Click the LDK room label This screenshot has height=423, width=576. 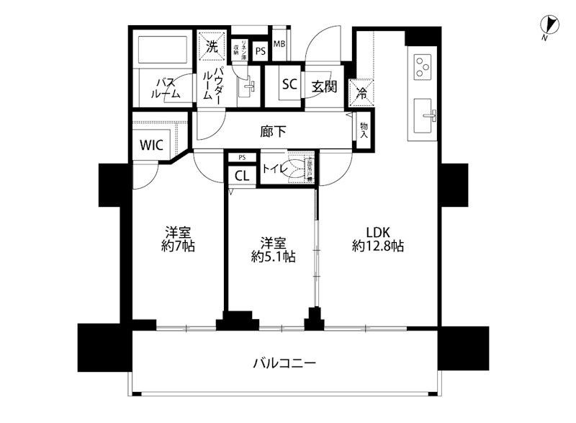(x=378, y=232)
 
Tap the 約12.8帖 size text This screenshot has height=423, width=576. (x=378, y=246)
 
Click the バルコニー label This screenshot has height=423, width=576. (x=284, y=362)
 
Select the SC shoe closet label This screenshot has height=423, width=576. (x=289, y=84)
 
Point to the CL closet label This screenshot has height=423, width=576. (x=242, y=175)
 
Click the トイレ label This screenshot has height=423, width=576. (x=274, y=170)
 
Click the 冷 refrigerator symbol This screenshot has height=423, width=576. (x=362, y=92)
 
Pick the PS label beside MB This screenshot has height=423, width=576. (x=259, y=50)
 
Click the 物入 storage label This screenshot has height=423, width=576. (x=364, y=130)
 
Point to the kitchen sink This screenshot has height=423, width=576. (x=423, y=115)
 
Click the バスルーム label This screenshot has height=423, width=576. (x=164, y=88)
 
